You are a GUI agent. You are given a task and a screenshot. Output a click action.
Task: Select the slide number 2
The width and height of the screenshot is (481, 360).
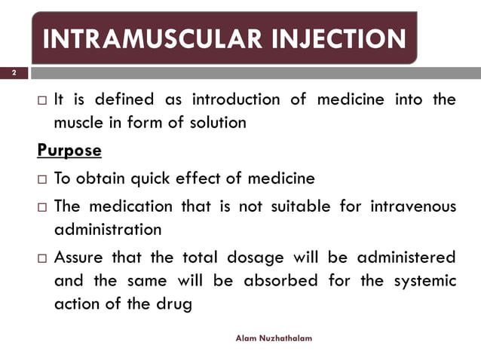pyautogui.click(x=14, y=73)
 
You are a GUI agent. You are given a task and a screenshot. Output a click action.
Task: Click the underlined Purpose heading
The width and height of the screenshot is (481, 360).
pyautogui.click(x=69, y=151)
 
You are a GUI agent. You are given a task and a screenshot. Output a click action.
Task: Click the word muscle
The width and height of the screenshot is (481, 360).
pyautogui.click(x=79, y=123)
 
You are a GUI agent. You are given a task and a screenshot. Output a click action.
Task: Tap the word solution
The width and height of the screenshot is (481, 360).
pyautogui.click(x=216, y=123)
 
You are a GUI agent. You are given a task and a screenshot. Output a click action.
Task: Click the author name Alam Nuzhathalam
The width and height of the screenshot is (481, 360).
pyautogui.click(x=274, y=339)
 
